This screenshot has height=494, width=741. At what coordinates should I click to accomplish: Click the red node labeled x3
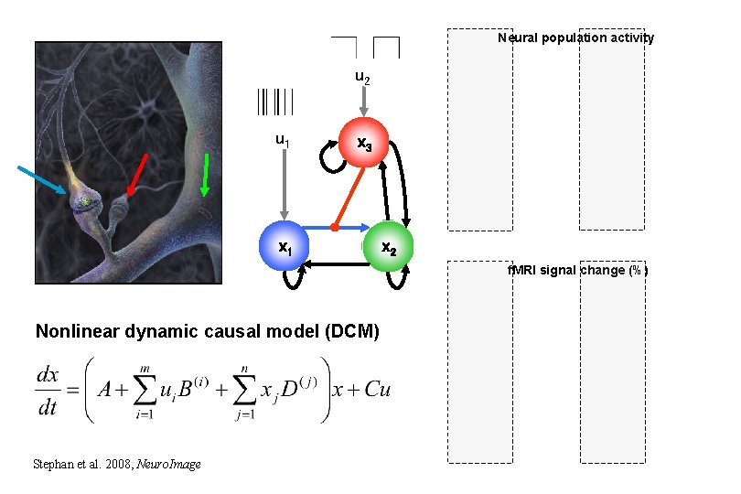click(364, 143)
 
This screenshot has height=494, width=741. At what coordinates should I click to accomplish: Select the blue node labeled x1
click(285, 247)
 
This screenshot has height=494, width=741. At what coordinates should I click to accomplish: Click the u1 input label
click(284, 140)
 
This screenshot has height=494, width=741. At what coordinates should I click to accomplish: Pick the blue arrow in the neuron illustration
click(41, 180)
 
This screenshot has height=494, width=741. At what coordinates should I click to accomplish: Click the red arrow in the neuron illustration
click(137, 175)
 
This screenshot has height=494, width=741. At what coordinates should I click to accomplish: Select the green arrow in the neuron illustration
click(205, 175)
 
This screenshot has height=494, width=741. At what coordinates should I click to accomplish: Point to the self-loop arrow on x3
click(327, 162)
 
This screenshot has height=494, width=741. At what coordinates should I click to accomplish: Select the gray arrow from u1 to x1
click(285, 183)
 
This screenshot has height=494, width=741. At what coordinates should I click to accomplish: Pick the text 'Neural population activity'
click(575, 38)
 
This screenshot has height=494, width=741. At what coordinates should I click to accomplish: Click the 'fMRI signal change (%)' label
click(578, 271)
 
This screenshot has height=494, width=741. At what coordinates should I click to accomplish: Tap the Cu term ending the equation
click(377, 389)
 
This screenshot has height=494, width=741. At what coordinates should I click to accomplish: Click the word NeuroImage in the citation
click(168, 465)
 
